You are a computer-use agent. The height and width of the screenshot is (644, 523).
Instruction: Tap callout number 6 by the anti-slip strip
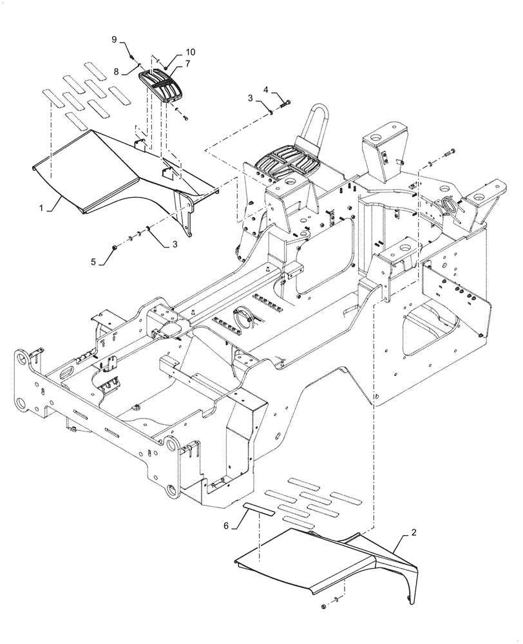(226, 526)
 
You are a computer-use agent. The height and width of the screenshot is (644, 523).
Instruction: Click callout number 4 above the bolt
(264, 90)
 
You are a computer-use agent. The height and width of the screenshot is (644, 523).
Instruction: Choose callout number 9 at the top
(114, 39)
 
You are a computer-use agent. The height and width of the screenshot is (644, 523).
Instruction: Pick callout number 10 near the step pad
(173, 52)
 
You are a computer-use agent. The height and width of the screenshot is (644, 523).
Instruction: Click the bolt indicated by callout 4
(284, 104)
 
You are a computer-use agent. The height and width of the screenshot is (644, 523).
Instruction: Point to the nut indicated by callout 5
(114, 246)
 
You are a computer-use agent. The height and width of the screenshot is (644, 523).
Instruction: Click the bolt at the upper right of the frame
(448, 152)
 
